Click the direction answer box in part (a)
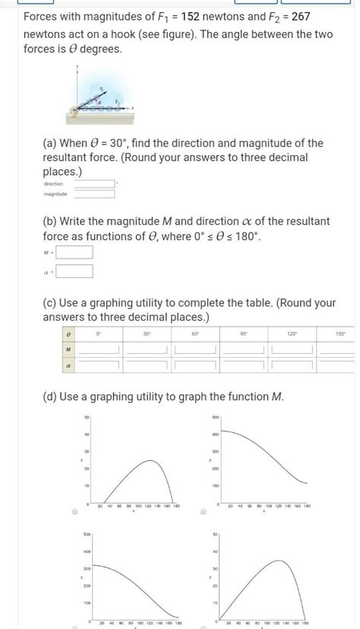click(93, 183)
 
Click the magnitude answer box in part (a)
click(93, 194)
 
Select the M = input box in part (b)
click(74, 251)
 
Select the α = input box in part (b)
click(74, 271)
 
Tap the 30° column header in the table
click(147, 333)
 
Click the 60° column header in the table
click(195, 333)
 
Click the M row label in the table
click(68, 349)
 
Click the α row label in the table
click(68, 365)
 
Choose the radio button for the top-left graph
click(74, 512)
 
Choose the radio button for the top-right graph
click(204, 512)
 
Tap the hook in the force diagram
click(74, 112)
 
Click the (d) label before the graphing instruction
click(50, 397)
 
